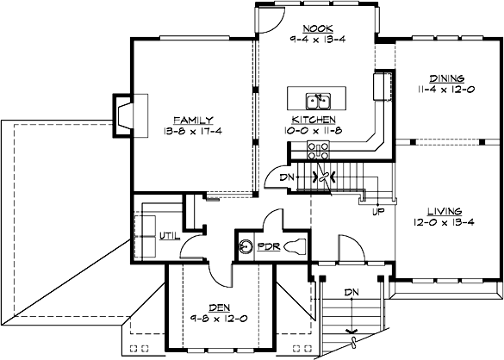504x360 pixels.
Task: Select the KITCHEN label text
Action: click(x=313, y=119)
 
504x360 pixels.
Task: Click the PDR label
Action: click(x=269, y=247)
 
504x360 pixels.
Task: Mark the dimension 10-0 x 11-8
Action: click(x=313, y=130)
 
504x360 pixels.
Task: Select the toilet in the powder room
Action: click(x=294, y=247)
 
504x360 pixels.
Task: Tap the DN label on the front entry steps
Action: click(x=351, y=292)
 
